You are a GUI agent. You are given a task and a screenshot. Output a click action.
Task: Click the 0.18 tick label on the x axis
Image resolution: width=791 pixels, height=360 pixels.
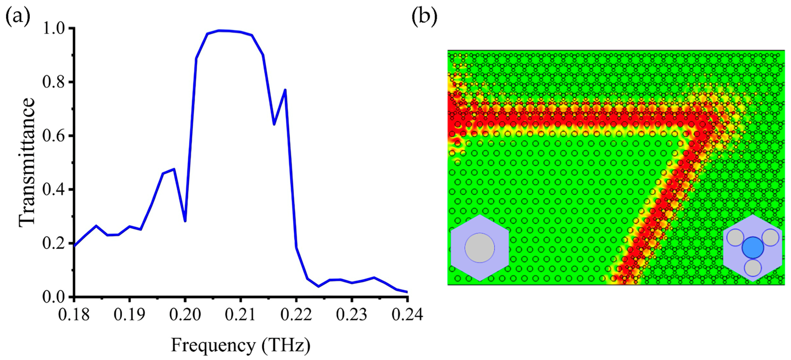click(74, 315)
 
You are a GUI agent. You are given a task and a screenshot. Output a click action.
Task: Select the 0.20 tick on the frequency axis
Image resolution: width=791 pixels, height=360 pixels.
click(185, 315)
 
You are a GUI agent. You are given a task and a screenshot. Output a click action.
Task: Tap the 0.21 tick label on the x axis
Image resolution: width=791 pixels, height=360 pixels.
click(240, 315)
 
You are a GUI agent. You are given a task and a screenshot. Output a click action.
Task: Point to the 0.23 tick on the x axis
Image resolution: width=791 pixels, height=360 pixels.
click(352, 315)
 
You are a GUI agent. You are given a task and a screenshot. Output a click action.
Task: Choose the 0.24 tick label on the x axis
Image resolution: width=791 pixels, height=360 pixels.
click(407, 315)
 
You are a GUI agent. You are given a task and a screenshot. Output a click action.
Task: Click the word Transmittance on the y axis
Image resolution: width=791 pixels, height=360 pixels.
click(27, 163)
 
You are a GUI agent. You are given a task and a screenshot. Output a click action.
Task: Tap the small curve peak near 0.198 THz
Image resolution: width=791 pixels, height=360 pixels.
click(174, 169)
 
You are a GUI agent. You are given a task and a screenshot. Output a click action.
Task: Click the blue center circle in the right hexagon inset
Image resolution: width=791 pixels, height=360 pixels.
click(753, 247)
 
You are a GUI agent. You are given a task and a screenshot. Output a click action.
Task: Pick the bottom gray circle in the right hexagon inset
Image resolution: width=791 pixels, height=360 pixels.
click(753, 268)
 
